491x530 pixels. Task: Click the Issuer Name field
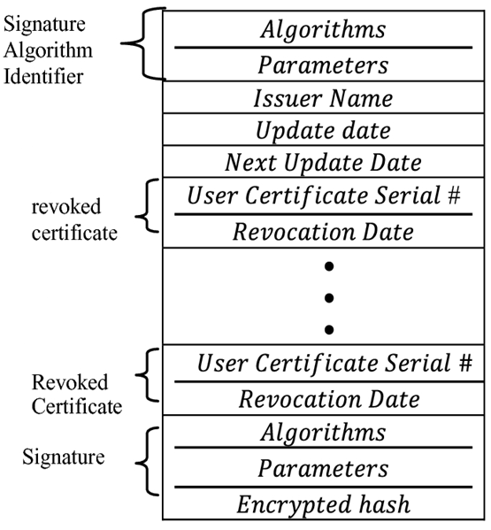(x=324, y=97)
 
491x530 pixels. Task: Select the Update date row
(x=324, y=130)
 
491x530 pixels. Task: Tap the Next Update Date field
(x=324, y=163)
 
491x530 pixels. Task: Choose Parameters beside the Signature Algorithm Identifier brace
(x=324, y=64)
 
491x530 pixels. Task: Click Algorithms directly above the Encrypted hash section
(x=324, y=433)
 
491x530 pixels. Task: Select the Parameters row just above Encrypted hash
(x=324, y=468)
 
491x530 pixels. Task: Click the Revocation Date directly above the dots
(x=324, y=232)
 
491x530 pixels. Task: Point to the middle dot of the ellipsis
(x=328, y=297)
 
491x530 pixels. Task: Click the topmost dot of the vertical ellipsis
(x=328, y=265)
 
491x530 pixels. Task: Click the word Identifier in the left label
(x=43, y=76)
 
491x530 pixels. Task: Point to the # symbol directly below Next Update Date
(x=453, y=196)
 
